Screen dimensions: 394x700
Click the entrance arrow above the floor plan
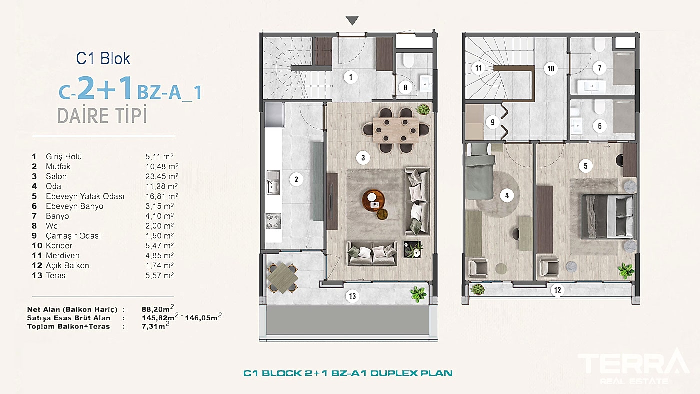(x=352, y=21)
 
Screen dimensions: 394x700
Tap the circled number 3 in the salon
(x=363, y=158)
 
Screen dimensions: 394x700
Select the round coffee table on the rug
(x=373, y=200)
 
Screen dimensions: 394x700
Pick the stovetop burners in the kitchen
(x=273, y=220)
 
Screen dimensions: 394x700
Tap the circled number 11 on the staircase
(x=478, y=68)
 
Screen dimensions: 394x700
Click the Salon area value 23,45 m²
(x=159, y=176)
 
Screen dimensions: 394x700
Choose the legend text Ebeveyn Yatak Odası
(x=85, y=196)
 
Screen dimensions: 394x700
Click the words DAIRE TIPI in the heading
(x=102, y=116)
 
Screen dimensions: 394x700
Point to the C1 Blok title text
(x=103, y=58)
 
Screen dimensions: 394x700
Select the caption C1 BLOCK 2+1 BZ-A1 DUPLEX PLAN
(x=348, y=373)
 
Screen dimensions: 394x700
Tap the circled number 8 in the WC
(x=405, y=88)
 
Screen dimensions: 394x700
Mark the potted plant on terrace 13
(x=418, y=293)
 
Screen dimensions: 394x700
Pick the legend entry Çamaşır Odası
(x=73, y=236)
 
